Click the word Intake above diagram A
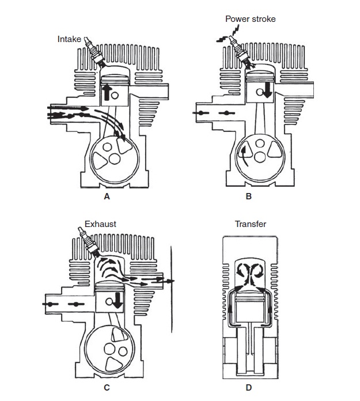[69, 39]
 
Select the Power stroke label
[251, 19]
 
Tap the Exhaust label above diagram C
[100, 224]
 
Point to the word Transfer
[251, 224]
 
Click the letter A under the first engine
[107, 196]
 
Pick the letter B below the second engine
[248, 196]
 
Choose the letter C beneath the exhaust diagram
[107, 388]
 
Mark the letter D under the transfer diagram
[248, 388]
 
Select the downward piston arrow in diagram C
[118, 301]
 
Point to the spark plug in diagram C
[89, 242]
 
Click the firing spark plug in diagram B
[240, 52]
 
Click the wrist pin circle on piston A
[115, 96]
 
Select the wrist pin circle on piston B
[260, 92]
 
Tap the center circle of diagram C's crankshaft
[110, 349]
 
